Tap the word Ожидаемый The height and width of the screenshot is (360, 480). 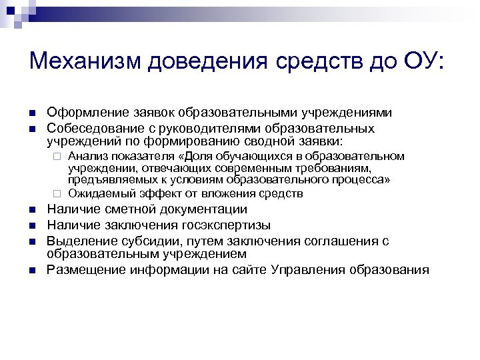point(99,194)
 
